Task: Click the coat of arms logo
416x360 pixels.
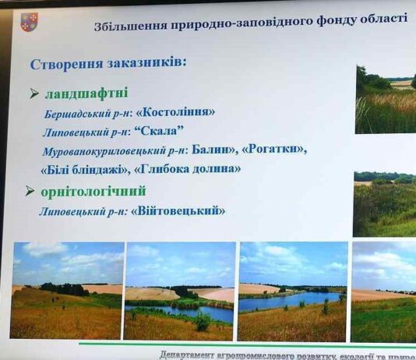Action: (30, 21)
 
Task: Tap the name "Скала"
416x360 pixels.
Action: (166, 132)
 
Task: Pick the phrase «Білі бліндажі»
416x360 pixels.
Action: (85, 168)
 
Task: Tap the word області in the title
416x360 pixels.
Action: (382, 19)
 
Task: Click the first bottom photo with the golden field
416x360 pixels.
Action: (67, 291)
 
